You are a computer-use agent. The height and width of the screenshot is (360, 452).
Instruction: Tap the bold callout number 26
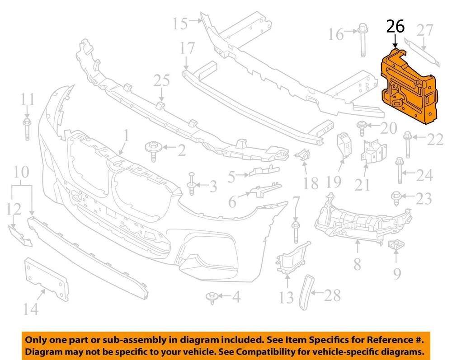pyautogui.click(x=395, y=27)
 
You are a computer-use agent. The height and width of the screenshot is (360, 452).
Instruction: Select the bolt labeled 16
pyautogui.click(x=363, y=40)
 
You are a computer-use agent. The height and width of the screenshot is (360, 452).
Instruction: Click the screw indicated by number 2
pyautogui.click(x=153, y=151)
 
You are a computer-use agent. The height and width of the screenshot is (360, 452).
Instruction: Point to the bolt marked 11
pyautogui.click(x=27, y=129)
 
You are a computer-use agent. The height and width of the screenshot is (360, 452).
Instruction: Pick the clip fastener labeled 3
pyautogui.click(x=192, y=184)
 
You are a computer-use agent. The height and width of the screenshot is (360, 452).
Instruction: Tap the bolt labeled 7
pyautogui.click(x=295, y=232)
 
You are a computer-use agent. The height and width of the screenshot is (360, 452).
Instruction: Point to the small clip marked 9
pyautogui.click(x=396, y=245)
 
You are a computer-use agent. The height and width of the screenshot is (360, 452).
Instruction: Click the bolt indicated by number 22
pyautogui.click(x=407, y=145)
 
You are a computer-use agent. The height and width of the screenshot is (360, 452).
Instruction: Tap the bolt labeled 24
pyautogui.click(x=400, y=170)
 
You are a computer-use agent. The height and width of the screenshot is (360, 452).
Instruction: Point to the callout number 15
pyautogui.click(x=180, y=23)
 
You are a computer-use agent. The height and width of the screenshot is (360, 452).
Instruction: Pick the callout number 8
pyautogui.click(x=358, y=264)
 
